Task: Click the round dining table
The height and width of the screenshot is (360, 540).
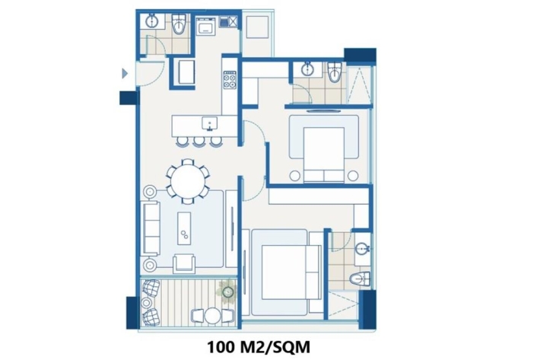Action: [x=188, y=181]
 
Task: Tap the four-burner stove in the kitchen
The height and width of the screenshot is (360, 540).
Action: [x=230, y=80]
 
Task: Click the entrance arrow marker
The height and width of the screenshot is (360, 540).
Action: [x=125, y=73]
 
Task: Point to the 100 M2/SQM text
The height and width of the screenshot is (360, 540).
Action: [x=259, y=347]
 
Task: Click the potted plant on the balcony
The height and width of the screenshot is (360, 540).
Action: [x=227, y=292]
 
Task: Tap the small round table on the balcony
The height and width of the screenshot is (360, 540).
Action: [x=212, y=316]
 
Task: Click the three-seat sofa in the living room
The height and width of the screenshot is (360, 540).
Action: [x=151, y=228]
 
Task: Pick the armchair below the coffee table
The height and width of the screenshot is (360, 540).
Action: [x=184, y=263]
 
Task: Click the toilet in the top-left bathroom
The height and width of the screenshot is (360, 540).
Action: [x=179, y=24]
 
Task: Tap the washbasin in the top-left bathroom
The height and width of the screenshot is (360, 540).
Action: [x=151, y=21]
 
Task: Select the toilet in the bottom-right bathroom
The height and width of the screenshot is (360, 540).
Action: [x=361, y=279]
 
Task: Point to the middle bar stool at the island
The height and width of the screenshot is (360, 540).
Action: [x=199, y=141]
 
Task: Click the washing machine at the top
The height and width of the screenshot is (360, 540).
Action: [x=206, y=26]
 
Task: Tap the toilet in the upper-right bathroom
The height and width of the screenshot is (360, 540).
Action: [x=335, y=72]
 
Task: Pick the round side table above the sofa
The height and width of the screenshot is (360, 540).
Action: [x=150, y=192]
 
